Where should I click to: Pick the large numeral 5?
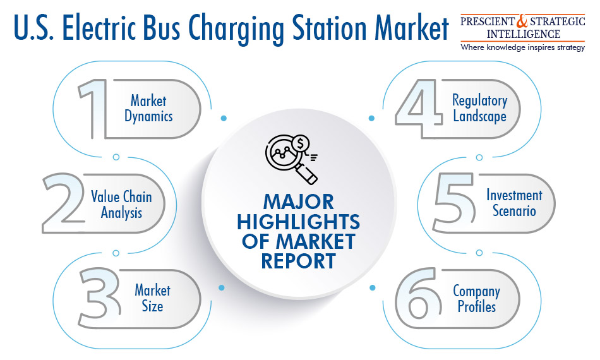point(454,203)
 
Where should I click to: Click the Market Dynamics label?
point(148,109)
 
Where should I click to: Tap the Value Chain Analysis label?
point(121,205)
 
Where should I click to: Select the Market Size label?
point(152,298)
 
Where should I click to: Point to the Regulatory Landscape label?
point(480,108)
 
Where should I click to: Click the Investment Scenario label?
point(514,203)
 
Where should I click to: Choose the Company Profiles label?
point(477,299)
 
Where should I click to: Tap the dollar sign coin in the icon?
point(301,144)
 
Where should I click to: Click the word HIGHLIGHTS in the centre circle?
point(299,222)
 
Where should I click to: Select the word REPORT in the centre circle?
point(299,261)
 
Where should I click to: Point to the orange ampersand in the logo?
point(522,21)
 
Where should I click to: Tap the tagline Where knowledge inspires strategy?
point(523,47)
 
